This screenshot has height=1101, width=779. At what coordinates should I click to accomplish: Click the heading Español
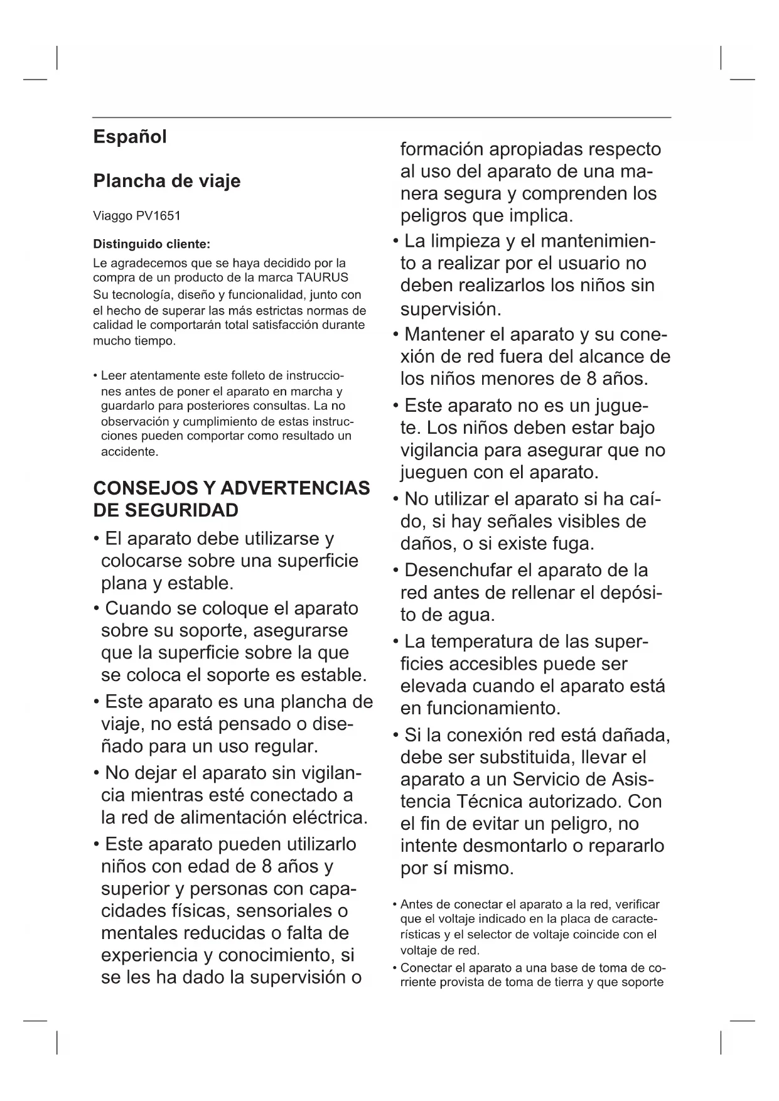point(130,137)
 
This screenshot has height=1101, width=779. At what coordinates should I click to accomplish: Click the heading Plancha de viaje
point(166,181)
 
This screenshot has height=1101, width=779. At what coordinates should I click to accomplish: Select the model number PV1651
point(158,216)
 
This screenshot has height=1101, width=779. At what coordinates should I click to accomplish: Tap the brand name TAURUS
point(323,277)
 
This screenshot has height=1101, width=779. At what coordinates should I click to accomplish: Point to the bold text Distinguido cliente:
point(152,244)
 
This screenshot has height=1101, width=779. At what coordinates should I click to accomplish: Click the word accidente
point(129,451)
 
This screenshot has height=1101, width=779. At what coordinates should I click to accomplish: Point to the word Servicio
point(551,779)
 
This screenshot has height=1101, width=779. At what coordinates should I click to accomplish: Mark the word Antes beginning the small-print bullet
point(416,905)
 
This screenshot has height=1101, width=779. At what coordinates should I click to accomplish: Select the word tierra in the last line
point(568,982)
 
